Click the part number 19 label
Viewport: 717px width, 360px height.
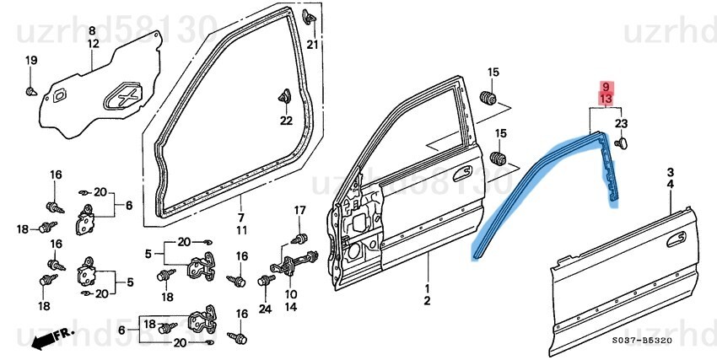[31, 60]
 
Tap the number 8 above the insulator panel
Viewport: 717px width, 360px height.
[93, 31]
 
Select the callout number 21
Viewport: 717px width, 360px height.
[312, 45]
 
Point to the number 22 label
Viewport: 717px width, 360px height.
[286, 121]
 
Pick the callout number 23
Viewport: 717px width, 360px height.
[622, 124]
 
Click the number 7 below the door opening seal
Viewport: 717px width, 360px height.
[240, 218]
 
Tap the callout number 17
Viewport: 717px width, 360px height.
[299, 209]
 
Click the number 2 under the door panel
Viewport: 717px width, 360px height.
[428, 301]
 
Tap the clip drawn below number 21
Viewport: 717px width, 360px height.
[311, 18]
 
